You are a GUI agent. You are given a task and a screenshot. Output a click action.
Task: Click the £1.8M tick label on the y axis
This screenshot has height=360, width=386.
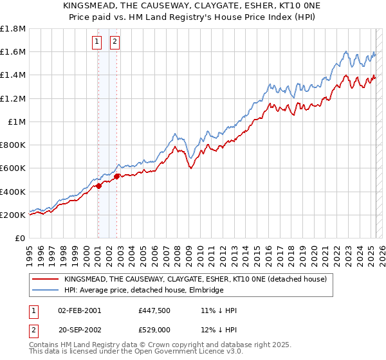13,29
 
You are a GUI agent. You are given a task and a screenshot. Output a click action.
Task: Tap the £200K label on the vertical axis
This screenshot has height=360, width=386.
13,215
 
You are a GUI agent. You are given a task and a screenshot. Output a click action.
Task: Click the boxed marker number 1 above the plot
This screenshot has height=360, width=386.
97,42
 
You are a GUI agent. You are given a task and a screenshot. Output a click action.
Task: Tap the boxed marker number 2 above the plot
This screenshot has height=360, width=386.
115,42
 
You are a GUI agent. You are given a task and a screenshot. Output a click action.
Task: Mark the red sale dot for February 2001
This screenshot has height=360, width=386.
99,186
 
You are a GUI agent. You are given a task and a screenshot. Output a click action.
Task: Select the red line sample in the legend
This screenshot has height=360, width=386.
46,279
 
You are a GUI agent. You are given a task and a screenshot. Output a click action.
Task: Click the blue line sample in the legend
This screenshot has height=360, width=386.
46,290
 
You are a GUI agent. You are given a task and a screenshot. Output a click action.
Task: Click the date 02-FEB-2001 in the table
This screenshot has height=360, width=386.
80,310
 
